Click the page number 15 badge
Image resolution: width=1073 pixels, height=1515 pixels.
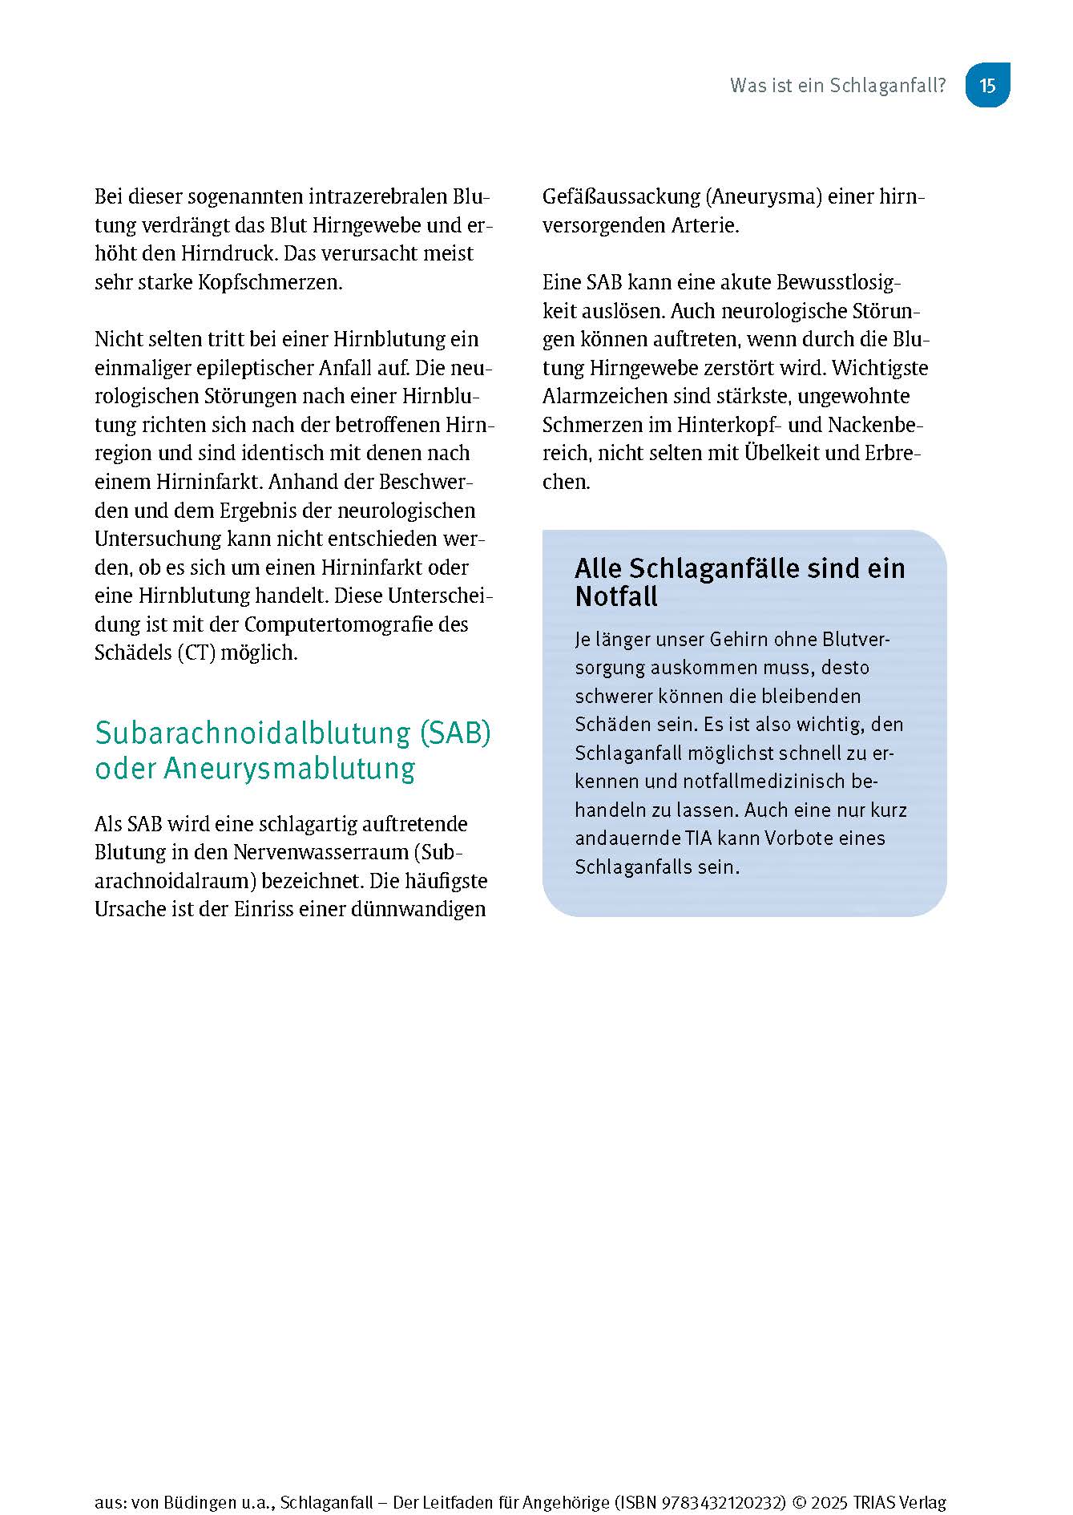tap(987, 85)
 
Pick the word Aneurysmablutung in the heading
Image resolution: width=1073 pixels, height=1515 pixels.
tap(290, 768)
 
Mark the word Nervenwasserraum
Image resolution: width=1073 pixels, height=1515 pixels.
tap(321, 852)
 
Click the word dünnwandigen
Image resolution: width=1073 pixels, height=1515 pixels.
tap(426, 909)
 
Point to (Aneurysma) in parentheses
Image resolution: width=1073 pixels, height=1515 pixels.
tap(764, 196)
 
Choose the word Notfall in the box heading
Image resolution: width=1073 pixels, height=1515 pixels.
tap(616, 596)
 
